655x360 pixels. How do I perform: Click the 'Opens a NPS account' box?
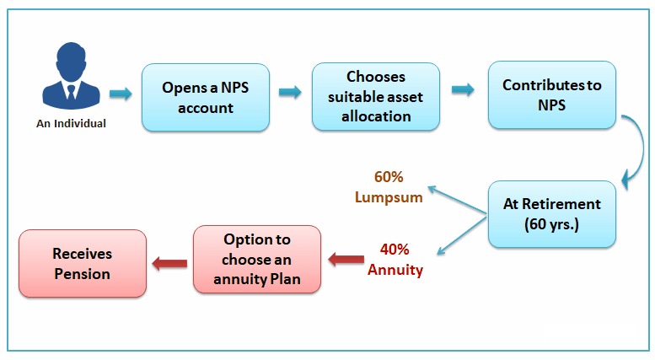click(x=206, y=98)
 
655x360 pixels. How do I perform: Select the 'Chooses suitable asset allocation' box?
click(x=375, y=97)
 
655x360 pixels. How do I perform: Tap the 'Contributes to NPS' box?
click(x=552, y=94)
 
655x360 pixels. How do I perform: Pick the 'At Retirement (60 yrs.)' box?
click(x=552, y=214)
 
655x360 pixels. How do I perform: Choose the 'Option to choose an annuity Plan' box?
click(x=257, y=260)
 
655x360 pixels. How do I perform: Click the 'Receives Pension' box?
click(x=83, y=264)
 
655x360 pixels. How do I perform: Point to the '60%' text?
click(x=389, y=177)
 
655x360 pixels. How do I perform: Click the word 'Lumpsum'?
click(x=389, y=197)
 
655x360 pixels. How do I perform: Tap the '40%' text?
click(x=395, y=250)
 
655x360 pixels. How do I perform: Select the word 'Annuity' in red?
click(x=395, y=270)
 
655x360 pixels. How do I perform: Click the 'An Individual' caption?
click(x=71, y=124)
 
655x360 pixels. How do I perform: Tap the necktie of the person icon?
click(x=71, y=92)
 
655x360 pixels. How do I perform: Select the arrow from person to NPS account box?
click(x=121, y=94)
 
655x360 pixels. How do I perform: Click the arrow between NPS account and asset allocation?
click(x=290, y=92)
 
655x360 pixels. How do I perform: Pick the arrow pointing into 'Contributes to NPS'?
click(x=463, y=89)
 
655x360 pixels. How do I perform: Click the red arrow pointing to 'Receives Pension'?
click(x=169, y=264)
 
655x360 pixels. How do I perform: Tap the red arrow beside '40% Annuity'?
click(x=346, y=260)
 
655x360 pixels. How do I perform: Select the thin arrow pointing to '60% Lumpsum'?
click(x=457, y=201)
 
